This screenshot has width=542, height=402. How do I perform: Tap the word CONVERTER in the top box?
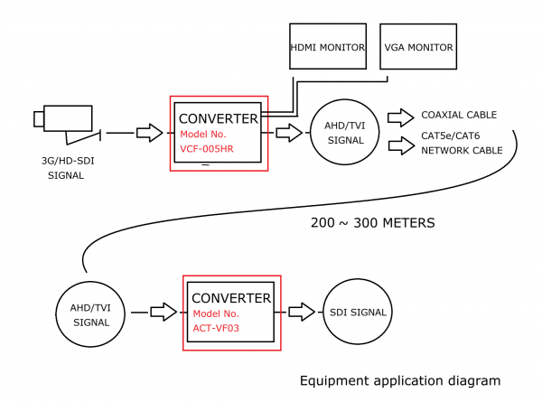[219, 118]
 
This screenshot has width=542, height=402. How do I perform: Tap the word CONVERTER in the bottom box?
[231, 297]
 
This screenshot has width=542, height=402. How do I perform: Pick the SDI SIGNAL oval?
[359, 313]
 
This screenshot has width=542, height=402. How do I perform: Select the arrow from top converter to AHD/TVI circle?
[288, 133]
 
